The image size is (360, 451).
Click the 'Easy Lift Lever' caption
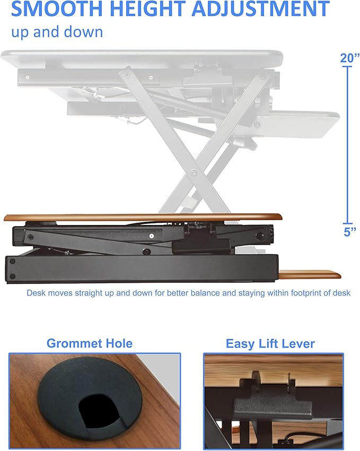270,343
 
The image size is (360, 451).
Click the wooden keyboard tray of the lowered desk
310,274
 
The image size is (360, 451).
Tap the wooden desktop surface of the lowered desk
143,217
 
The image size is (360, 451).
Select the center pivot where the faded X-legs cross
196,173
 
